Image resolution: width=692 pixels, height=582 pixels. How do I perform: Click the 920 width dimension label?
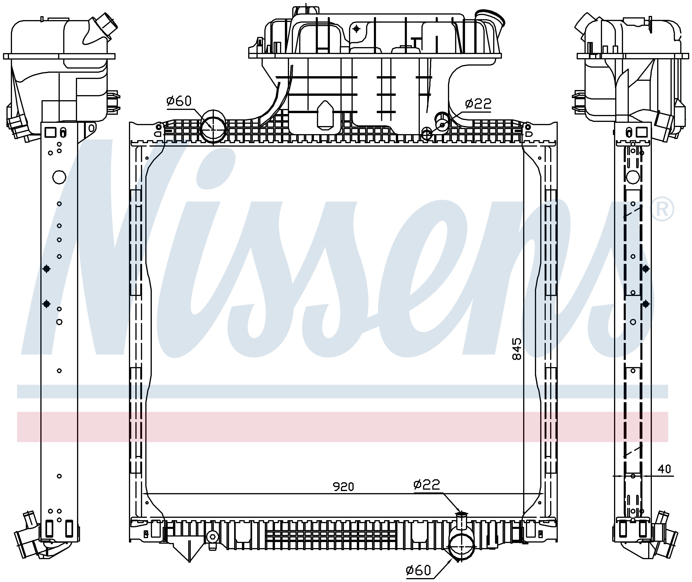[x=343, y=487]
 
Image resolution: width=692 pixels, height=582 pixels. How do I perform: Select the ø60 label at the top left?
[x=179, y=101]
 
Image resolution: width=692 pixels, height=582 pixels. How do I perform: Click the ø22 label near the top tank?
[x=478, y=104]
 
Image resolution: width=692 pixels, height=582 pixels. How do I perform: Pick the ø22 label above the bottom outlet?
[x=427, y=484]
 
